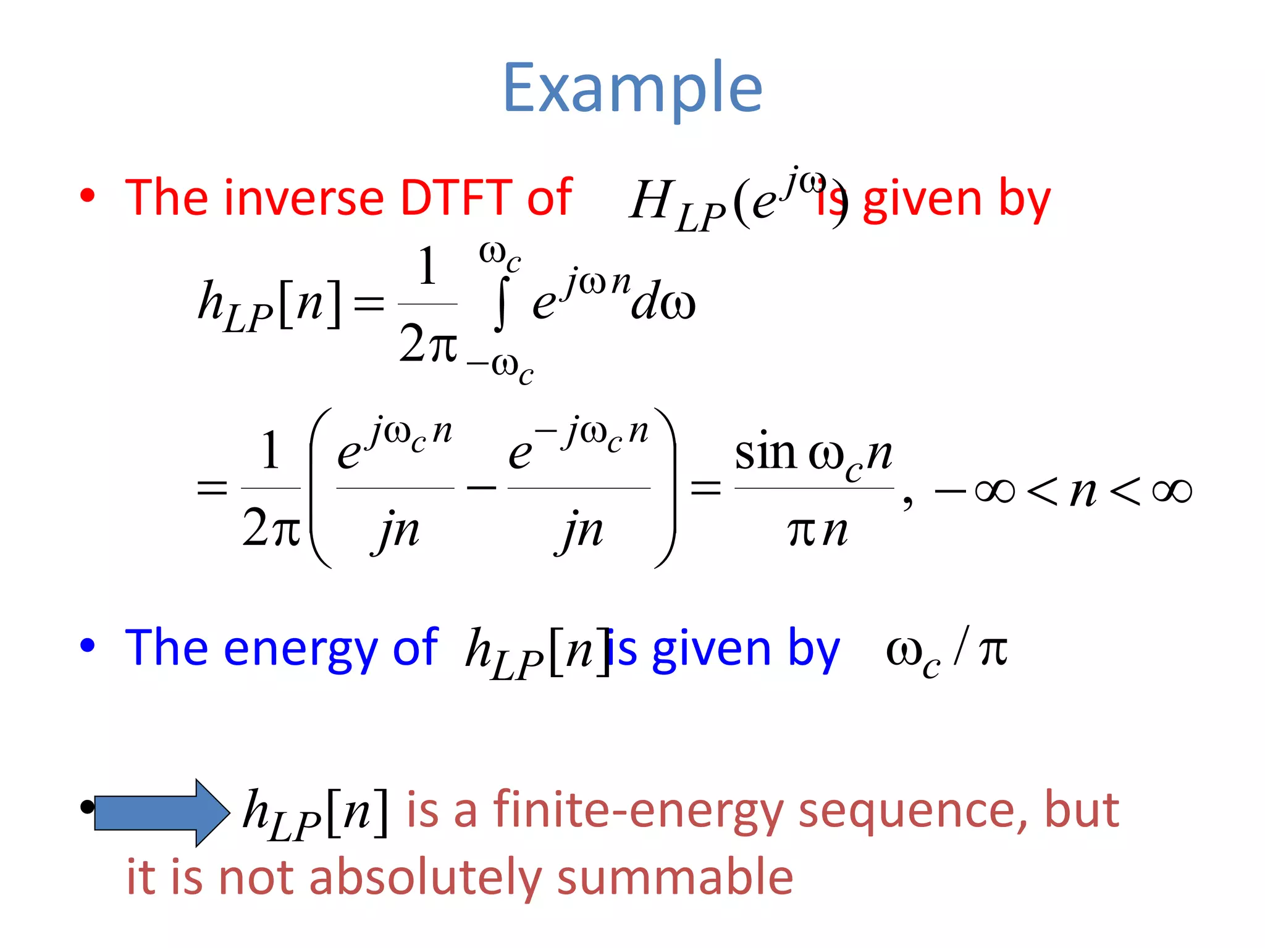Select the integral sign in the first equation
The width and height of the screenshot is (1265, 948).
pyautogui.click(x=502, y=304)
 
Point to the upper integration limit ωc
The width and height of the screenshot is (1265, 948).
pyautogui.click(x=500, y=255)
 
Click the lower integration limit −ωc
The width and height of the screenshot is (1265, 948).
pyautogui.click(x=500, y=368)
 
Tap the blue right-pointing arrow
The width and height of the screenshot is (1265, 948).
pyautogui.click(x=162, y=812)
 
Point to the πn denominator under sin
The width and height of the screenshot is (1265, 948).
pyautogui.click(x=817, y=531)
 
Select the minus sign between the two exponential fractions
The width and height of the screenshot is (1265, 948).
pyautogui.click(x=481, y=488)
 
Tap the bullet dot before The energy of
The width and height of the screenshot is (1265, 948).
pyautogui.click(x=88, y=646)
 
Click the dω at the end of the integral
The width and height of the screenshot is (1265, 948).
pyautogui.click(x=663, y=304)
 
